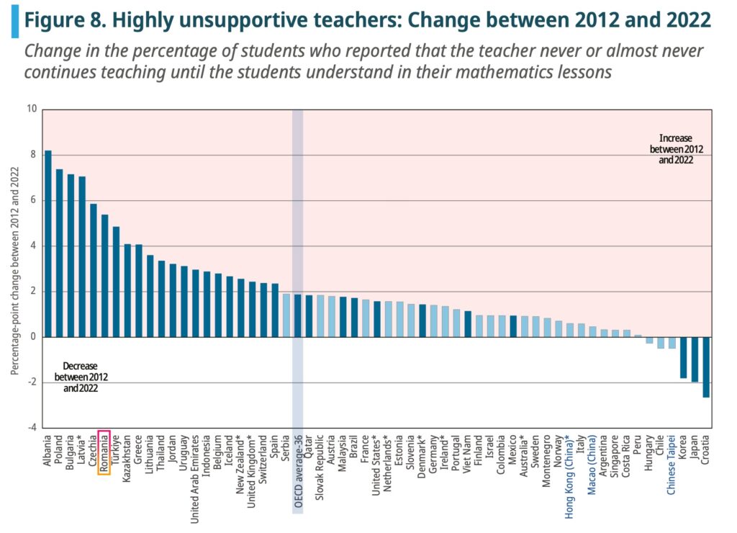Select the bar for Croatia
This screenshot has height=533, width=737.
[706, 367]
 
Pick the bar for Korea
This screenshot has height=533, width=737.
[683, 357]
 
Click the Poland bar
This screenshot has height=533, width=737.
[60, 253]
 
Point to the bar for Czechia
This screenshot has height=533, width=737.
[94, 270]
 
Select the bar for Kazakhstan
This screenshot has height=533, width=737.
[127, 290]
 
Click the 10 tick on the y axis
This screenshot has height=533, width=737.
[31, 109]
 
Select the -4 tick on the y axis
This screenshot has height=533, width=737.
[31, 428]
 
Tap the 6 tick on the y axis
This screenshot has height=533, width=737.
[32, 200]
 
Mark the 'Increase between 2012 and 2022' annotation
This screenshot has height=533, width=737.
[676, 149]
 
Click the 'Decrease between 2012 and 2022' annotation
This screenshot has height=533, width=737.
[80, 377]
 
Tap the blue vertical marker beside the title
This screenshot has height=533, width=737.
[14, 19]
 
